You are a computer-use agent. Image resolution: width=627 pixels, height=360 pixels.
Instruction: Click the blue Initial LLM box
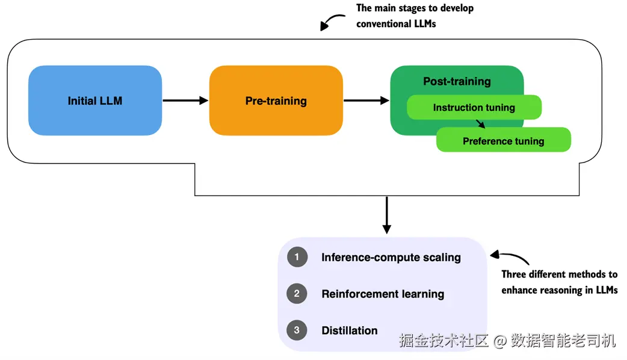click(95, 101)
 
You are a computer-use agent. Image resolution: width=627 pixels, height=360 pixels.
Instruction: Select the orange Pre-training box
click(276, 101)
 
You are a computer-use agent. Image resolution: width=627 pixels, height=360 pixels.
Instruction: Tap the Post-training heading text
click(457, 81)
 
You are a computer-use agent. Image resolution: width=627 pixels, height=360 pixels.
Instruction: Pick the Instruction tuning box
click(474, 107)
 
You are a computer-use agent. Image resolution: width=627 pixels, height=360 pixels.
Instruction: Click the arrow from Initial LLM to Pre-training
click(185, 101)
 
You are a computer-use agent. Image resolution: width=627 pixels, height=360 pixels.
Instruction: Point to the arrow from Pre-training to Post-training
click(366, 101)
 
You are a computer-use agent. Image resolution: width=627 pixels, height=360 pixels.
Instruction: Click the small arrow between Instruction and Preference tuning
click(480, 123)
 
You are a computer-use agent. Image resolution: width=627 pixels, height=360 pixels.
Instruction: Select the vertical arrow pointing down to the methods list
click(387, 215)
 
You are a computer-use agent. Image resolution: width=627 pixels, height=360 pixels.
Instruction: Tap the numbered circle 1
click(297, 257)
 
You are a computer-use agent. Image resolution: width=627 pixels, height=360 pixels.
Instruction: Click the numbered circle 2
click(297, 294)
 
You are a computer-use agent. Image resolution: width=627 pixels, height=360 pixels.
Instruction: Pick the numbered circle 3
click(297, 330)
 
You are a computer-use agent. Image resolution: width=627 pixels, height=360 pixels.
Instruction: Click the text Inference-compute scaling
click(391, 257)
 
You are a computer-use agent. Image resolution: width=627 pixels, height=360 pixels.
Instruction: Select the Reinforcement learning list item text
click(383, 294)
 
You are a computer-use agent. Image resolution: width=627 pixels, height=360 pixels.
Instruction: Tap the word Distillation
click(350, 331)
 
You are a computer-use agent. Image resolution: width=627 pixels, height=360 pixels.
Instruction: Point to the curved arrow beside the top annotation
click(332, 22)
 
